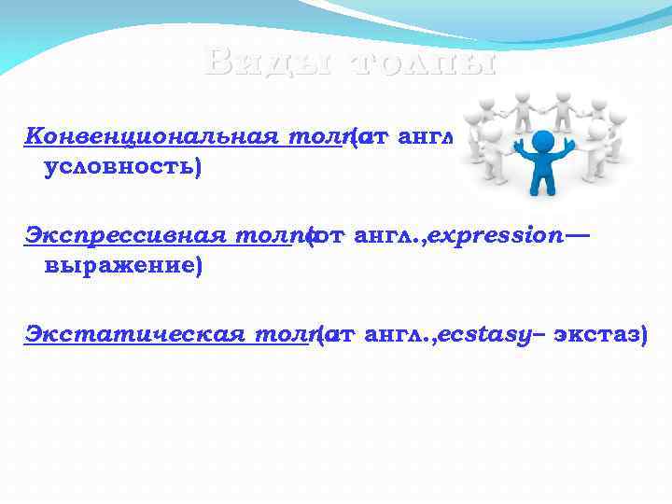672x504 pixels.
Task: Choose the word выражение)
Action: coord(123,267)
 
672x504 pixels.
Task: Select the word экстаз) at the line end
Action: coord(599,334)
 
